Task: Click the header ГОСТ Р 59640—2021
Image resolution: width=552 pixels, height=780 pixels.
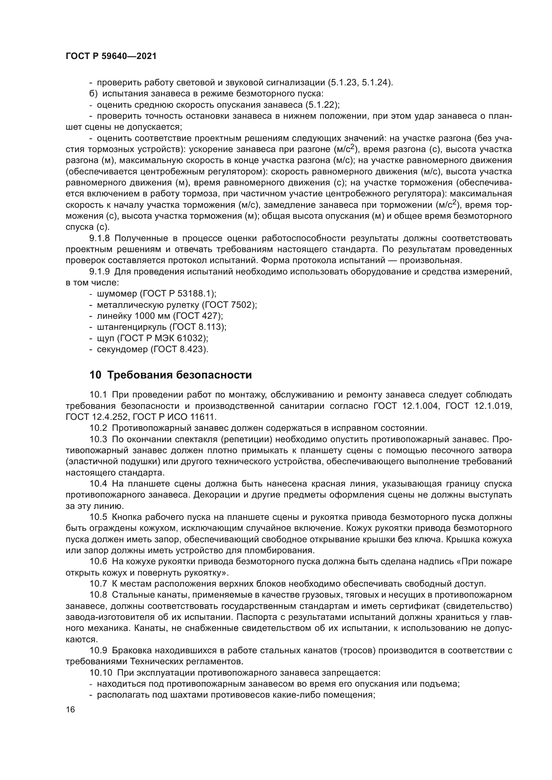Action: coord(111,56)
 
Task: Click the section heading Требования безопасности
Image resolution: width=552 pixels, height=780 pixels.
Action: coord(180,375)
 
